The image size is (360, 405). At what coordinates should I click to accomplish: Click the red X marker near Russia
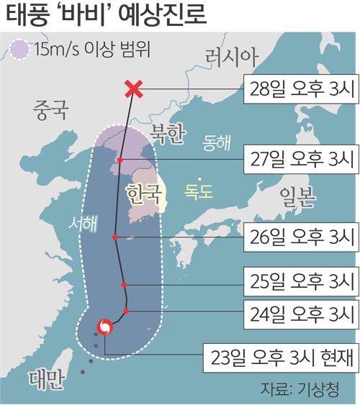coord(132,89)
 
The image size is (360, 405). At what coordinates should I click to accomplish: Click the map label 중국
coord(50,111)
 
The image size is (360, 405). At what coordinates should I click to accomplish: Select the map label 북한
coord(168,132)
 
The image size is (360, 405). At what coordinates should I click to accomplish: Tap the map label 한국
coord(141,194)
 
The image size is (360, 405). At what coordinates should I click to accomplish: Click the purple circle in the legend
coord(19,51)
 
